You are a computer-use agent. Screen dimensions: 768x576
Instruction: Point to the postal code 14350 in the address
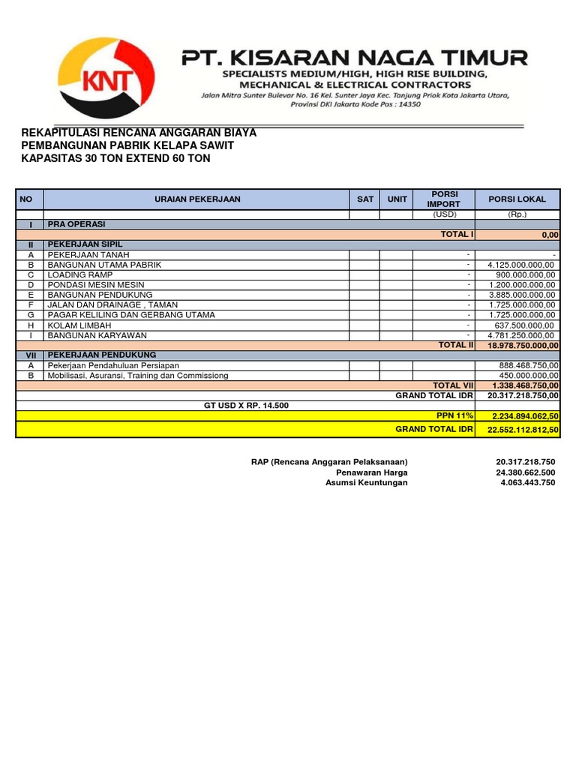click(x=405, y=104)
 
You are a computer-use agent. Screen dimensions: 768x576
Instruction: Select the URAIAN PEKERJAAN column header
click(x=197, y=199)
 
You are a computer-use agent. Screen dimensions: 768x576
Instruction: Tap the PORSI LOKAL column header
click(x=517, y=199)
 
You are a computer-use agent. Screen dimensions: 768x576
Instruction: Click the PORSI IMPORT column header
click(x=443, y=199)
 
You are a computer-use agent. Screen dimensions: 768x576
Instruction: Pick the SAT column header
click(x=364, y=199)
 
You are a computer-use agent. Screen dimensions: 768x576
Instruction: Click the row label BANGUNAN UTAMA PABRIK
click(x=104, y=265)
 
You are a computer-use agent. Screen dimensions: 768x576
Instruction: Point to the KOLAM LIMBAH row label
click(x=79, y=325)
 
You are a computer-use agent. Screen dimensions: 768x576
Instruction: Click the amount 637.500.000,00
click(x=520, y=325)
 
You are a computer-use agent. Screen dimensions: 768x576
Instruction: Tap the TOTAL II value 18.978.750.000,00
click(x=523, y=346)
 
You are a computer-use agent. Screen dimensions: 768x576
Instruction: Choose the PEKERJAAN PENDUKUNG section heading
click(x=101, y=355)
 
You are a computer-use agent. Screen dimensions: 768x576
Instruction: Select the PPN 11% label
click(x=455, y=415)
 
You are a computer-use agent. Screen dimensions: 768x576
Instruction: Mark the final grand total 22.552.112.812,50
click(x=523, y=429)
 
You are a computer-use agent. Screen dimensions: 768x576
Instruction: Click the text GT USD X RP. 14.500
click(x=246, y=405)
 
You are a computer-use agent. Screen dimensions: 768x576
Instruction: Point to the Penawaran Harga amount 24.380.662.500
click(x=526, y=472)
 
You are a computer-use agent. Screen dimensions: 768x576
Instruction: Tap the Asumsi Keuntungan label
click(x=366, y=483)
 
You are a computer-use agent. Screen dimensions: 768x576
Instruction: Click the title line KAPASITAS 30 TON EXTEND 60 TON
click(x=115, y=158)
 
